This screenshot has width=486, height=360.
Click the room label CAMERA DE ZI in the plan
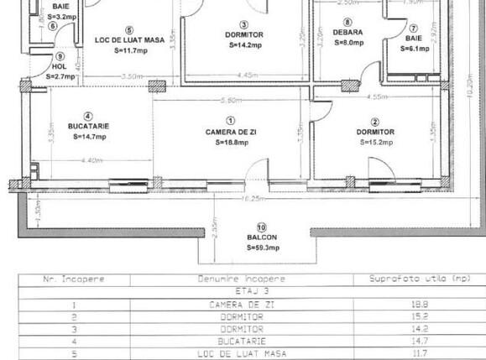(232, 132)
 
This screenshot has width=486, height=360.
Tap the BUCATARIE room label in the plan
(90, 126)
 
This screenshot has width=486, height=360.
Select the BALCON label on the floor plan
(261, 237)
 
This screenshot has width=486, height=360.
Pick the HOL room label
(60, 66)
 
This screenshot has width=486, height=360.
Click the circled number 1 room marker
(232, 121)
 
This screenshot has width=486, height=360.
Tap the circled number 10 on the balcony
(261, 227)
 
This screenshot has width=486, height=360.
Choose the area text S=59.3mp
(262, 248)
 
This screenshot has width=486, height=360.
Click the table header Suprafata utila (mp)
(413, 279)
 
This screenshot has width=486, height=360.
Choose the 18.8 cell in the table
(413, 305)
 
